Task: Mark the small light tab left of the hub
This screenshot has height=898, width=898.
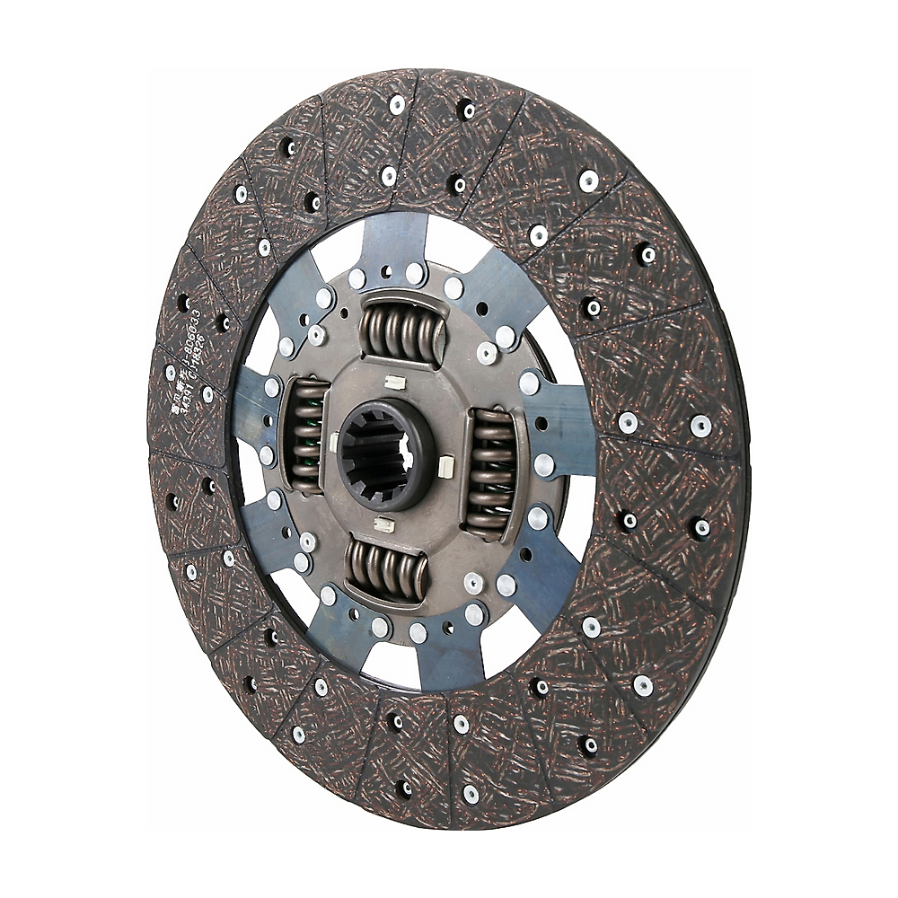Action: point(334,440)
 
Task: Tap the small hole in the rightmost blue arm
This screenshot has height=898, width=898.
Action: point(541,422)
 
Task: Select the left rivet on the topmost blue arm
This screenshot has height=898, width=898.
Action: point(357,279)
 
